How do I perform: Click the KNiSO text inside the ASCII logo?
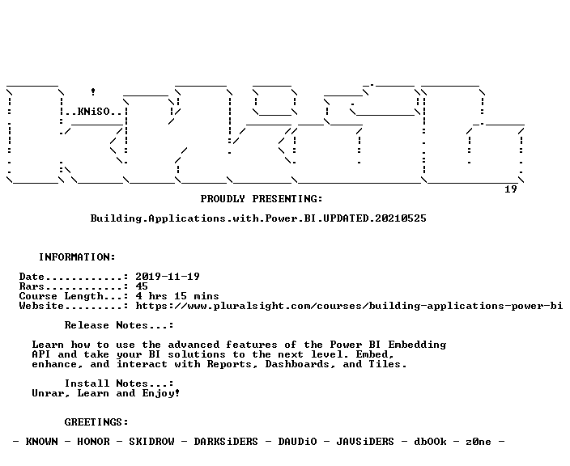pyautogui.click(x=94, y=112)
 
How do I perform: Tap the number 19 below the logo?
pyautogui.click(x=511, y=189)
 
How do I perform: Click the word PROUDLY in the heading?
pyautogui.click(x=223, y=199)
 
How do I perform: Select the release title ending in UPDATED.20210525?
pyautogui.click(x=258, y=218)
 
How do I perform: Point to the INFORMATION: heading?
pyautogui.click(x=77, y=257)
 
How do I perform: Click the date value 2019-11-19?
pyautogui.click(x=168, y=277)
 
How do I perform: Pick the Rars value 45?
pyautogui.click(x=142, y=286)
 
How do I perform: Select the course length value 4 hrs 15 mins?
pyautogui.click(x=177, y=296)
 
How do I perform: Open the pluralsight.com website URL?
pyautogui.click(x=349, y=306)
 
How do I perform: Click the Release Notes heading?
pyautogui.click(x=119, y=325)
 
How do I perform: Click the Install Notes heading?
pyautogui.click(x=119, y=383)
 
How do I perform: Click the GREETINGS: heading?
pyautogui.click(x=96, y=422)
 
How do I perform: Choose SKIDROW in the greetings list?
pyautogui.click(x=151, y=442)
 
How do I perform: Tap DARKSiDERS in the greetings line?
pyautogui.click(x=226, y=442)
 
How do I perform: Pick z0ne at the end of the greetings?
pyautogui.click(x=479, y=442)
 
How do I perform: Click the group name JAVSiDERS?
pyautogui.click(x=365, y=442)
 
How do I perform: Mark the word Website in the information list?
pyautogui.click(x=41, y=306)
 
